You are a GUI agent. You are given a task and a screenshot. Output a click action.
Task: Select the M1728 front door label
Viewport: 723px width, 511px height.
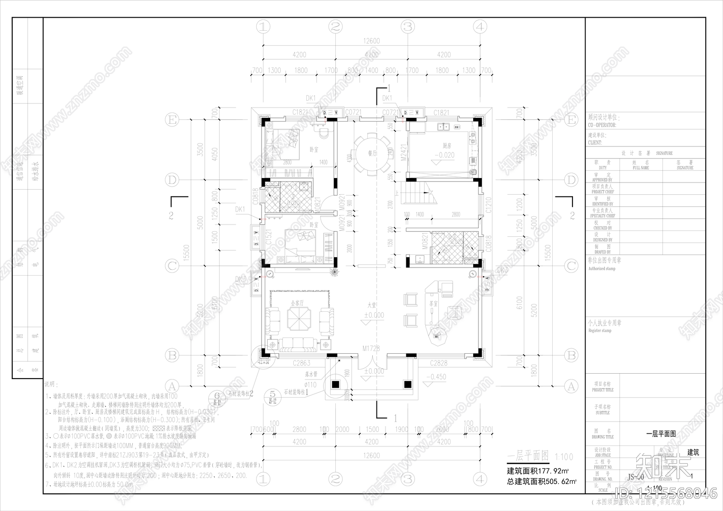(371, 349)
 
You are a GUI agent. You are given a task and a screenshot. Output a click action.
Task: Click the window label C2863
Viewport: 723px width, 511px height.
(301, 363)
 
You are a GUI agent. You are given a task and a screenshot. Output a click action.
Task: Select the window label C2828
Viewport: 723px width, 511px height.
(438, 363)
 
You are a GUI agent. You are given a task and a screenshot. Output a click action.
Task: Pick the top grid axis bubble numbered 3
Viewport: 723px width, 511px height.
(408, 27)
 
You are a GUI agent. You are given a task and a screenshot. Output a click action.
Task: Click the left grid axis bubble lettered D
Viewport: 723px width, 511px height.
(171, 180)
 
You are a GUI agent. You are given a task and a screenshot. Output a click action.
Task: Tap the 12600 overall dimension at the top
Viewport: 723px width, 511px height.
(371, 41)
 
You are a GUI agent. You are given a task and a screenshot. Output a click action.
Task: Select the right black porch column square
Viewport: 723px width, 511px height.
(407, 384)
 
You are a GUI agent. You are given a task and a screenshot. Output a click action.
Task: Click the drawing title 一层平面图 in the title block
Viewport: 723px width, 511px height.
(661, 433)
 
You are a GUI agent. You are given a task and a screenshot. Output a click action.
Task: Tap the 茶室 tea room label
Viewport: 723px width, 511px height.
(433, 304)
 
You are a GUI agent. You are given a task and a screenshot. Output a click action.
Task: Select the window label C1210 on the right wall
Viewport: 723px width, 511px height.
(488, 205)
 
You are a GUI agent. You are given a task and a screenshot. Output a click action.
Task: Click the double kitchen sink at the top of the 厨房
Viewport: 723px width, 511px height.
(444, 128)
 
